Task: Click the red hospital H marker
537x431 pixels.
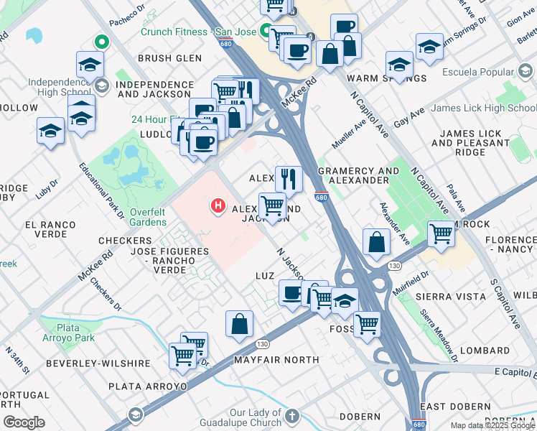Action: (218, 208)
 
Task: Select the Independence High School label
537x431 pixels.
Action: (60, 88)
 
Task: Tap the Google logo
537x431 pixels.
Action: (24, 422)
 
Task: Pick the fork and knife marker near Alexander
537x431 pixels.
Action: (289, 179)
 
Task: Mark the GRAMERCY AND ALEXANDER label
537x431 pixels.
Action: (358, 175)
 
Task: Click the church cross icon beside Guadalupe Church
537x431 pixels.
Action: (291, 416)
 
